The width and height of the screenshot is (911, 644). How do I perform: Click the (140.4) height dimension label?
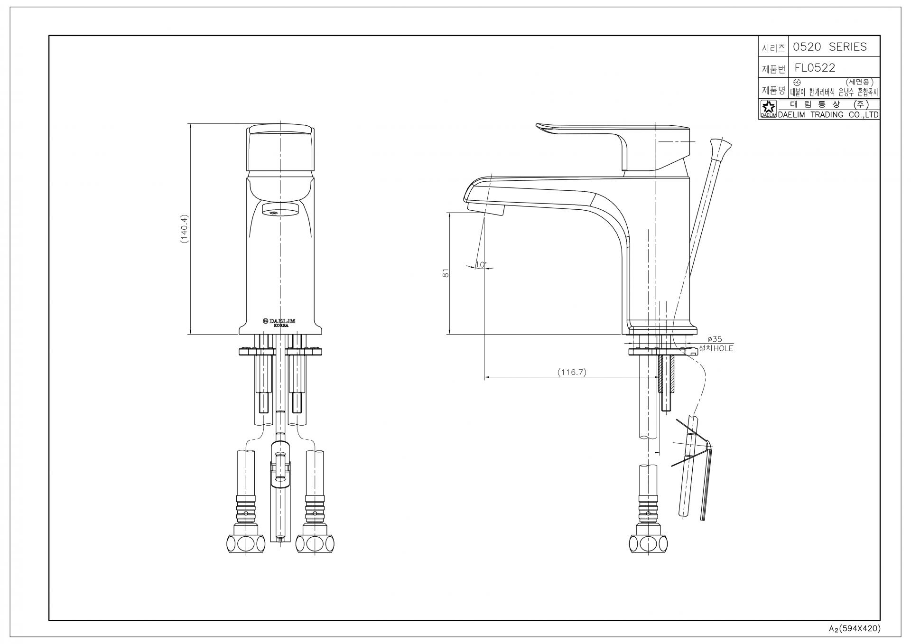coord(185,229)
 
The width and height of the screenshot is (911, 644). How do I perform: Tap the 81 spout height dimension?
coord(446,273)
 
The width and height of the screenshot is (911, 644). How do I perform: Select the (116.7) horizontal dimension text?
coord(572,373)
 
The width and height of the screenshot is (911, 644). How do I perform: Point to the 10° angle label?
coord(481,264)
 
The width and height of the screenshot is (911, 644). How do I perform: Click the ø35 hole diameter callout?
coord(714,339)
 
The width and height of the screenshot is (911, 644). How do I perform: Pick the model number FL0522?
coord(815,68)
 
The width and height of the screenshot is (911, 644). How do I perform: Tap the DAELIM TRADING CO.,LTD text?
coord(828,115)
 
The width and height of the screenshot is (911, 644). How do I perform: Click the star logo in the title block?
coord(767,107)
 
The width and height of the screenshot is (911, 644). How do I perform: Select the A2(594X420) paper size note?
coord(854,628)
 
